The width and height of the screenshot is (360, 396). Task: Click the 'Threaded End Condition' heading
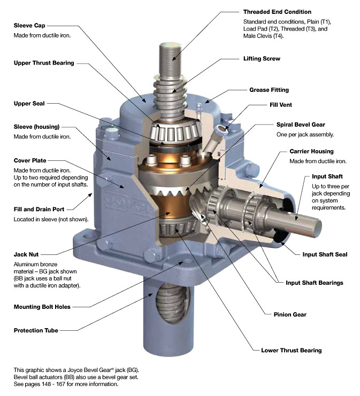pyautogui.click(x=277, y=12)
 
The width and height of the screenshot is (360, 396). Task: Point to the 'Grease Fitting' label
pyautogui.click(x=269, y=90)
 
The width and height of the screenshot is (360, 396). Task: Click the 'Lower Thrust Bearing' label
pyautogui.click(x=291, y=351)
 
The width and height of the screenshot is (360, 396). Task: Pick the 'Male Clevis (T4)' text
pyautogui.click(x=264, y=36)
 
